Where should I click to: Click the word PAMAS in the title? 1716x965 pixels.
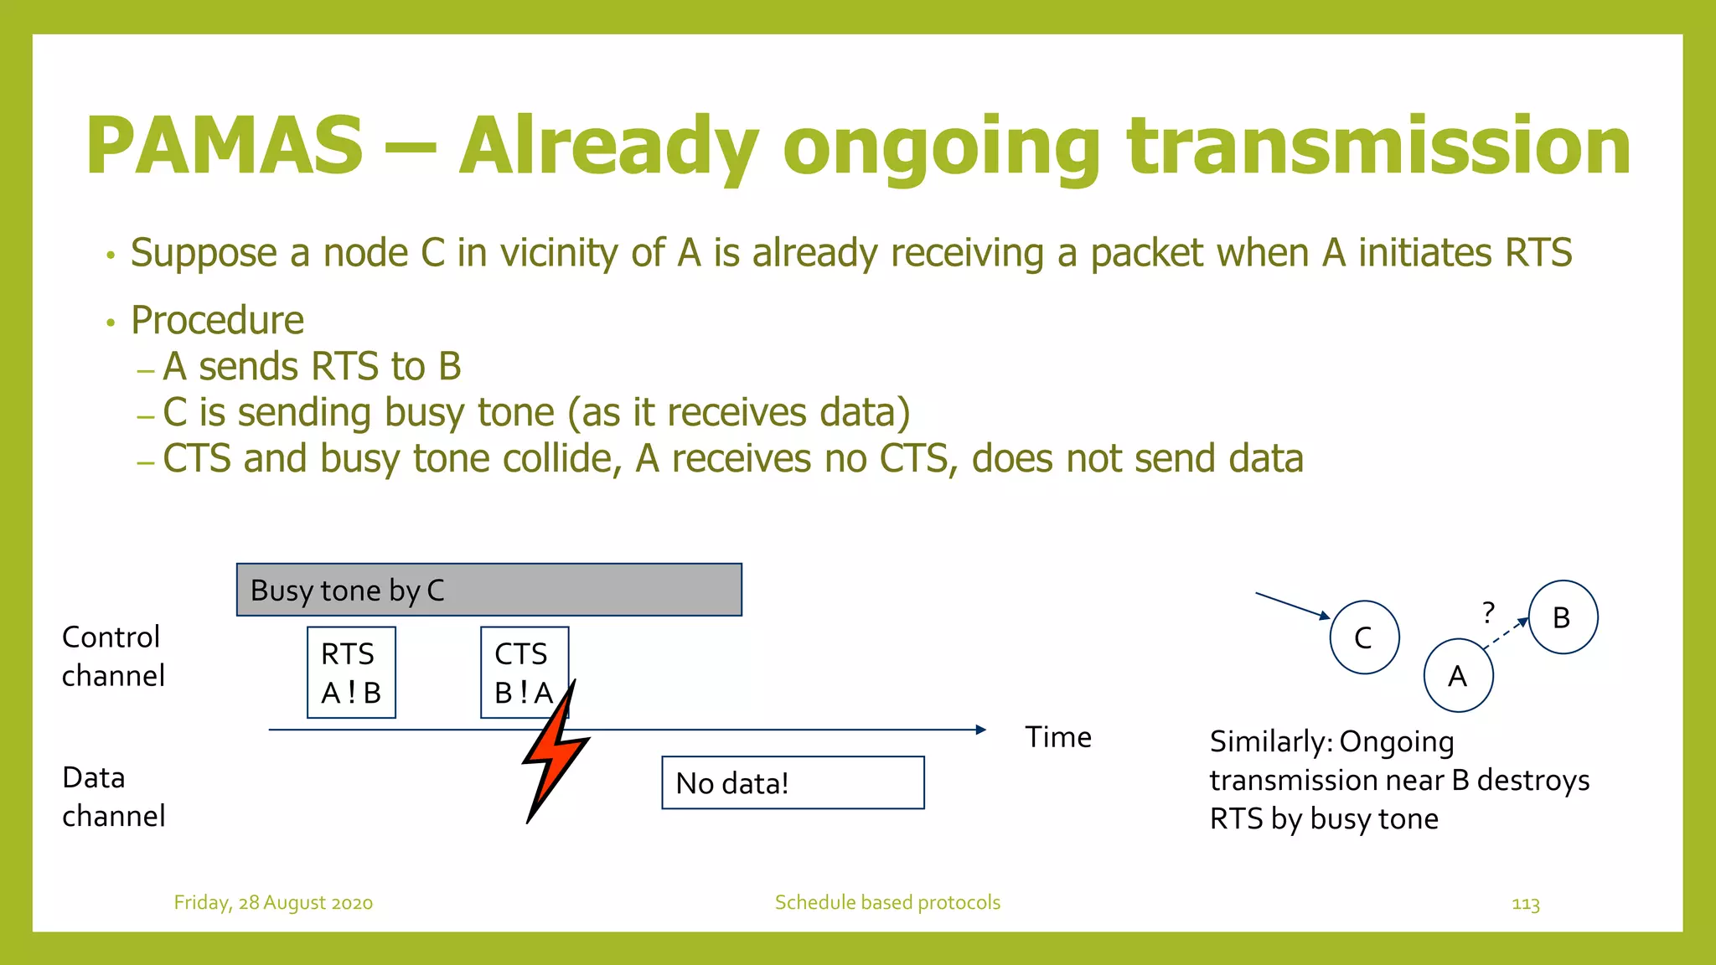click(225, 147)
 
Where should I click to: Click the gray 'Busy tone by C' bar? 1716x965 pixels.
click(488, 590)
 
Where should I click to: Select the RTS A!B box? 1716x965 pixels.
click(351, 673)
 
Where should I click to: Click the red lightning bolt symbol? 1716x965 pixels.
click(555, 750)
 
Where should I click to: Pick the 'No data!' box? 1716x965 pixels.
click(793, 783)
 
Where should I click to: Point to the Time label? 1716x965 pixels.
click(1058, 737)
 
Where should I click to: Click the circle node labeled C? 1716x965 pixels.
click(1364, 637)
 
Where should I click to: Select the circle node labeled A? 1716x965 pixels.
click(1458, 675)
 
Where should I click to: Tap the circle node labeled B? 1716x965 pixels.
click(1563, 617)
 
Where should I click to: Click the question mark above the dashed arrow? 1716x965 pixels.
click(1488, 612)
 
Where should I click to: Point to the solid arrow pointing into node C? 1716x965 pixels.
click(1291, 605)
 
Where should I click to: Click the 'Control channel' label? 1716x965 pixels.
click(113, 656)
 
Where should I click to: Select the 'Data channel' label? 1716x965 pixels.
click(113, 797)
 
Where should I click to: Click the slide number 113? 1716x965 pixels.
click(1526, 904)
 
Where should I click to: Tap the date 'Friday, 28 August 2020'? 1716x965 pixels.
click(273, 903)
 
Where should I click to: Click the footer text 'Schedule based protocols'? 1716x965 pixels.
click(887, 903)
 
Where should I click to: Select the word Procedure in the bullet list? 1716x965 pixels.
click(217, 321)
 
